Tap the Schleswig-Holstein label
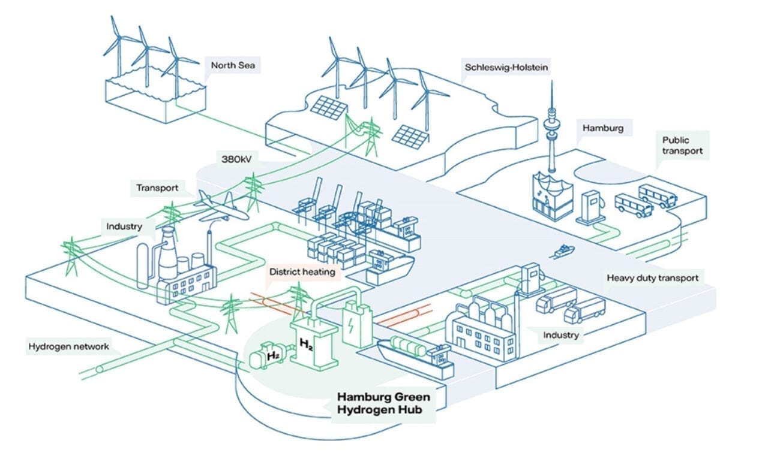tap(506, 66)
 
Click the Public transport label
tap(682, 146)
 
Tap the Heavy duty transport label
tap(652, 278)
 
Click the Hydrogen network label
tap(69, 346)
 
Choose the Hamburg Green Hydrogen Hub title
tap(383, 403)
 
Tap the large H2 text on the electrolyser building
tap(307, 345)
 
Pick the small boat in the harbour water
tap(563, 251)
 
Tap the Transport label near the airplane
tap(157, 188)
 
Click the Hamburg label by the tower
tap(603, 128)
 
